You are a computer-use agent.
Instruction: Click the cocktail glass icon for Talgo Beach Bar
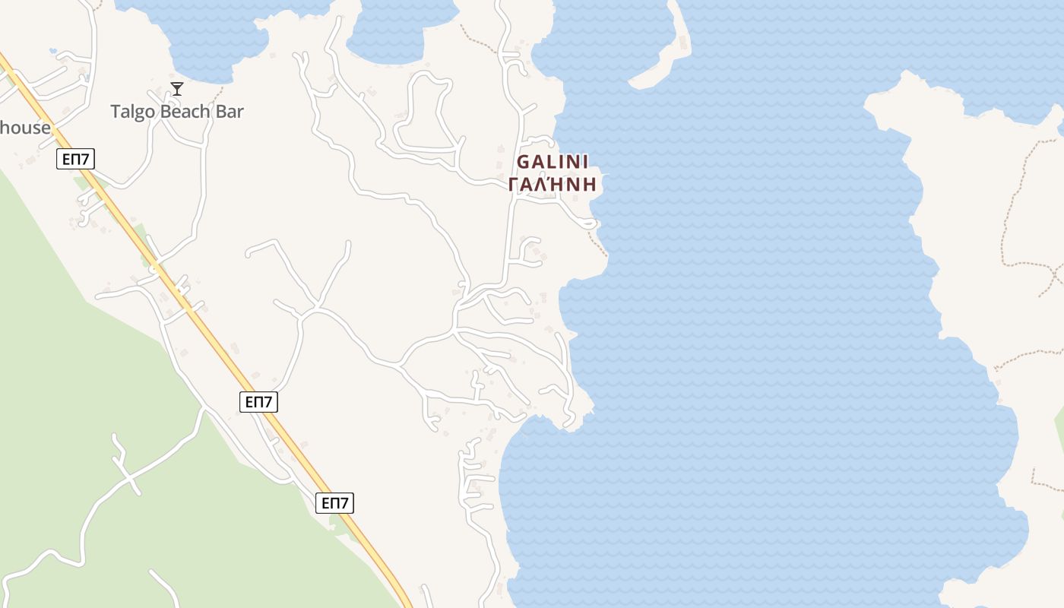(x=177, y=89)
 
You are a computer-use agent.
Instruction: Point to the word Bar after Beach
(x=230, y=112)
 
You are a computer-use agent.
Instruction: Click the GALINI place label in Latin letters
(x=553, y=162)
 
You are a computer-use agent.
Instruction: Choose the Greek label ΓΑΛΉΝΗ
(x=553, y=185)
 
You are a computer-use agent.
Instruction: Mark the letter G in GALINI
(x=523, y=162)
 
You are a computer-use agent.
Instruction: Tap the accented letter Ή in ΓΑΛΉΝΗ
(x=560, y=185)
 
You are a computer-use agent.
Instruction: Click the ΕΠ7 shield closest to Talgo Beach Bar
(x=75, y=159)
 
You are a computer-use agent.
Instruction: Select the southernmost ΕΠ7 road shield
(x=335, y=502)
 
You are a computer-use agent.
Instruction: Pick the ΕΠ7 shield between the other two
(x=258, y=402)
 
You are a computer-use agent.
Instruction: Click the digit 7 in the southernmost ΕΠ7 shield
(x=345, y=502)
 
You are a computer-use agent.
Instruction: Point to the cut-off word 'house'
(x=24, y=128)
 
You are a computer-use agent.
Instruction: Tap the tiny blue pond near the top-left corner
(x=52, y=51)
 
